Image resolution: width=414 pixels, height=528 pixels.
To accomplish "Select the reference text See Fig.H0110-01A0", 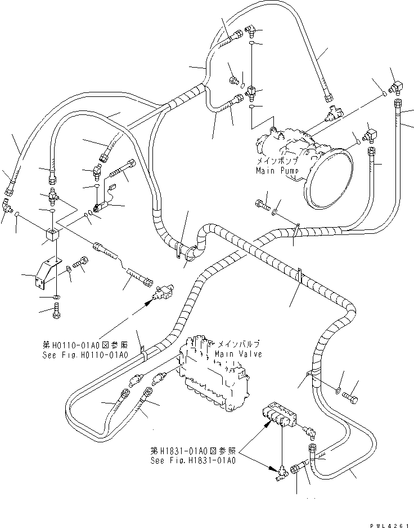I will click(84, 356).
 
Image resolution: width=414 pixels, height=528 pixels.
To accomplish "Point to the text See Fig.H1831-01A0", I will click(192, 460).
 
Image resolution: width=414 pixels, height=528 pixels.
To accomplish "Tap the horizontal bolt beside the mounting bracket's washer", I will click(80, 264).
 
